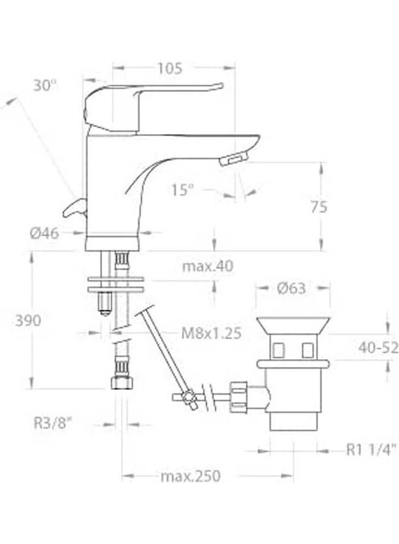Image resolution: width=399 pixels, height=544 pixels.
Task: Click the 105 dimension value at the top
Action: click(x=170, y=69)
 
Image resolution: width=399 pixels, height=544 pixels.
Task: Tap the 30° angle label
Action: click(x=45, y=86)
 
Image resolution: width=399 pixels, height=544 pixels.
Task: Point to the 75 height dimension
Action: click(x=319, y=207)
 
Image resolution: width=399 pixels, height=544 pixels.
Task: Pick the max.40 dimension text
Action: click(x=207, y=266)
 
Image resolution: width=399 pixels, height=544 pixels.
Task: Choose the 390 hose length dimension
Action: click(x=28, y=320)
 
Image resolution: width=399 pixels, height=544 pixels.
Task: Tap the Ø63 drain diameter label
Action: click(x=291, y=289)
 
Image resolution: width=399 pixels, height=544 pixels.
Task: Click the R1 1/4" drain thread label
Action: click(x=371, y=449)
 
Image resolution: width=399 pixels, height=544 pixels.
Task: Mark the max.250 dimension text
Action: click(x=190, y=476)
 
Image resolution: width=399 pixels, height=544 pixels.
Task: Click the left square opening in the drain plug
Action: click(x=279, y=349)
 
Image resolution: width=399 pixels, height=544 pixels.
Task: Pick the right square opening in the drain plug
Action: click(x=307, y=349)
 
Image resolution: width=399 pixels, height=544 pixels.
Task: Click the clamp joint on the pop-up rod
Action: click(x=189, y=399)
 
